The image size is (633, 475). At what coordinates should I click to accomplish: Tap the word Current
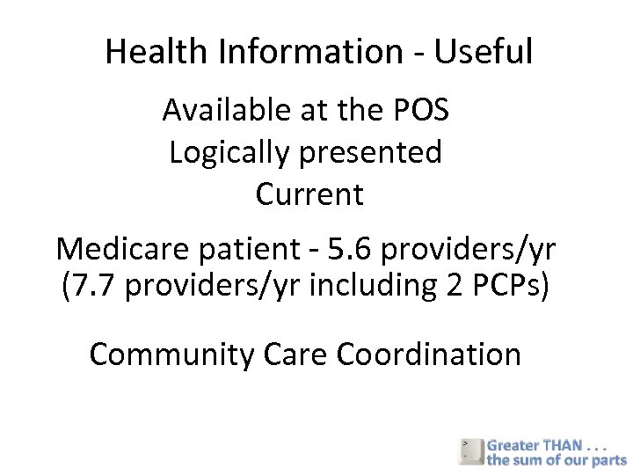pyautogui.click(x=309, y=194)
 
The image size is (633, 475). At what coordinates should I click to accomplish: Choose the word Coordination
pyautogui.click(x=429, y=354)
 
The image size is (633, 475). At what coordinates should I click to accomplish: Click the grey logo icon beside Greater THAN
pyautogui.click(x=470, y=450)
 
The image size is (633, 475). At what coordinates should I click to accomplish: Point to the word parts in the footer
pyautogui.click(x=608, y=460)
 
